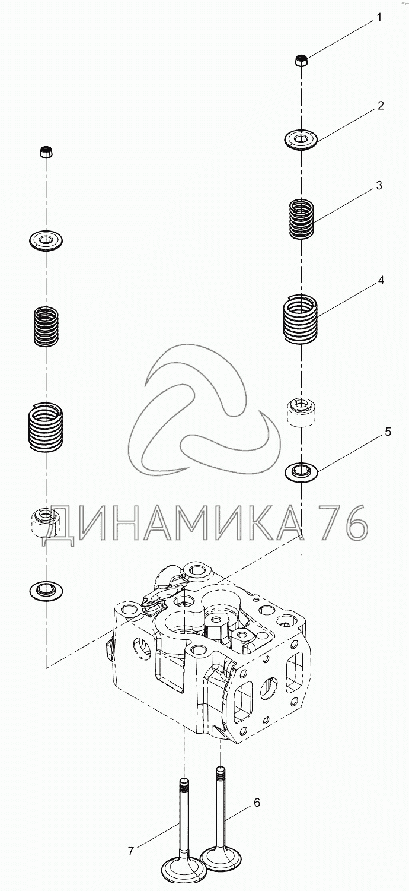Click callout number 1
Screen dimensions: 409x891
(379, 18)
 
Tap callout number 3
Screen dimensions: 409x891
(379, 186)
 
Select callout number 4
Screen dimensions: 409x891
(381, 280)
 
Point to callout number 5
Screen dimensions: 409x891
(388, 432)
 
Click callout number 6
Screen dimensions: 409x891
(257, 803)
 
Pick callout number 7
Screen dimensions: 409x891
(130, 851)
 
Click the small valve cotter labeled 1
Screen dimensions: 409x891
(302, 60)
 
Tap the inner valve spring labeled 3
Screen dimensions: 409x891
(302, 218)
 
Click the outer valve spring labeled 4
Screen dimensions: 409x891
(300, 319)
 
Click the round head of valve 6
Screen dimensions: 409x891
(221, 857)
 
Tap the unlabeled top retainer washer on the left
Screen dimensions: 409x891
(46, 241)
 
